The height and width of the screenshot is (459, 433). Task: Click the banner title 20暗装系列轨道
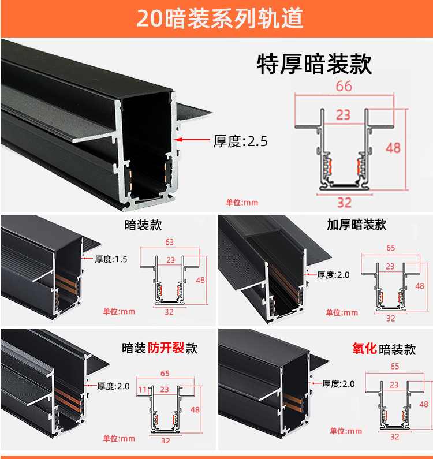coord(219,18)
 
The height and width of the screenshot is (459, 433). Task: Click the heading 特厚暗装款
coord(315,64)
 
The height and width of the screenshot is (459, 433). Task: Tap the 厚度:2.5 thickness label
coord(240,141)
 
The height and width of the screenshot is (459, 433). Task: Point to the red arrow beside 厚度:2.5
coord(192,140)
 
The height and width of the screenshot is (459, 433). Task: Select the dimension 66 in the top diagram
coord(344,86)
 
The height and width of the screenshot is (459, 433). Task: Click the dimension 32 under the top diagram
coord(344,203)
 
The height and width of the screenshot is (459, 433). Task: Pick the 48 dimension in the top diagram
coord(393,148)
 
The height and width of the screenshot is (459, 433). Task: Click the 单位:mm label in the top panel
coord(242,202)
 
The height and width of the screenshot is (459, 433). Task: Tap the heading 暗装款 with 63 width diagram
coord(143,225)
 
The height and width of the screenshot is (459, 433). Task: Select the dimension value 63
coord(170,242)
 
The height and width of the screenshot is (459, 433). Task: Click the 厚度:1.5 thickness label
coord(111,259)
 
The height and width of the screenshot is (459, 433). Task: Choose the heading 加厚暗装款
coord(357,225)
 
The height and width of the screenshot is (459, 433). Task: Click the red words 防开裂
coord(166,348)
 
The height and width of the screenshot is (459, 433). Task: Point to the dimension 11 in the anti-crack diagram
coord(143,389)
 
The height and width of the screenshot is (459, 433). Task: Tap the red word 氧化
coord(364,348)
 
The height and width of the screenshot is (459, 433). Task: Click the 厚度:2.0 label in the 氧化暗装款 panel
coord(338,384)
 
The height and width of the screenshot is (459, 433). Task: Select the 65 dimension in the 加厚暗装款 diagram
coord(390,248)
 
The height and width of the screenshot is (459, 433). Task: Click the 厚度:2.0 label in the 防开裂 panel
coord(113,386)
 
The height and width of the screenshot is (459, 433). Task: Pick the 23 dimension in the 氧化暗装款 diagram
coord(394,385)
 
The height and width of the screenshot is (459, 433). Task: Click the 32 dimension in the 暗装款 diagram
coord(169,312)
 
